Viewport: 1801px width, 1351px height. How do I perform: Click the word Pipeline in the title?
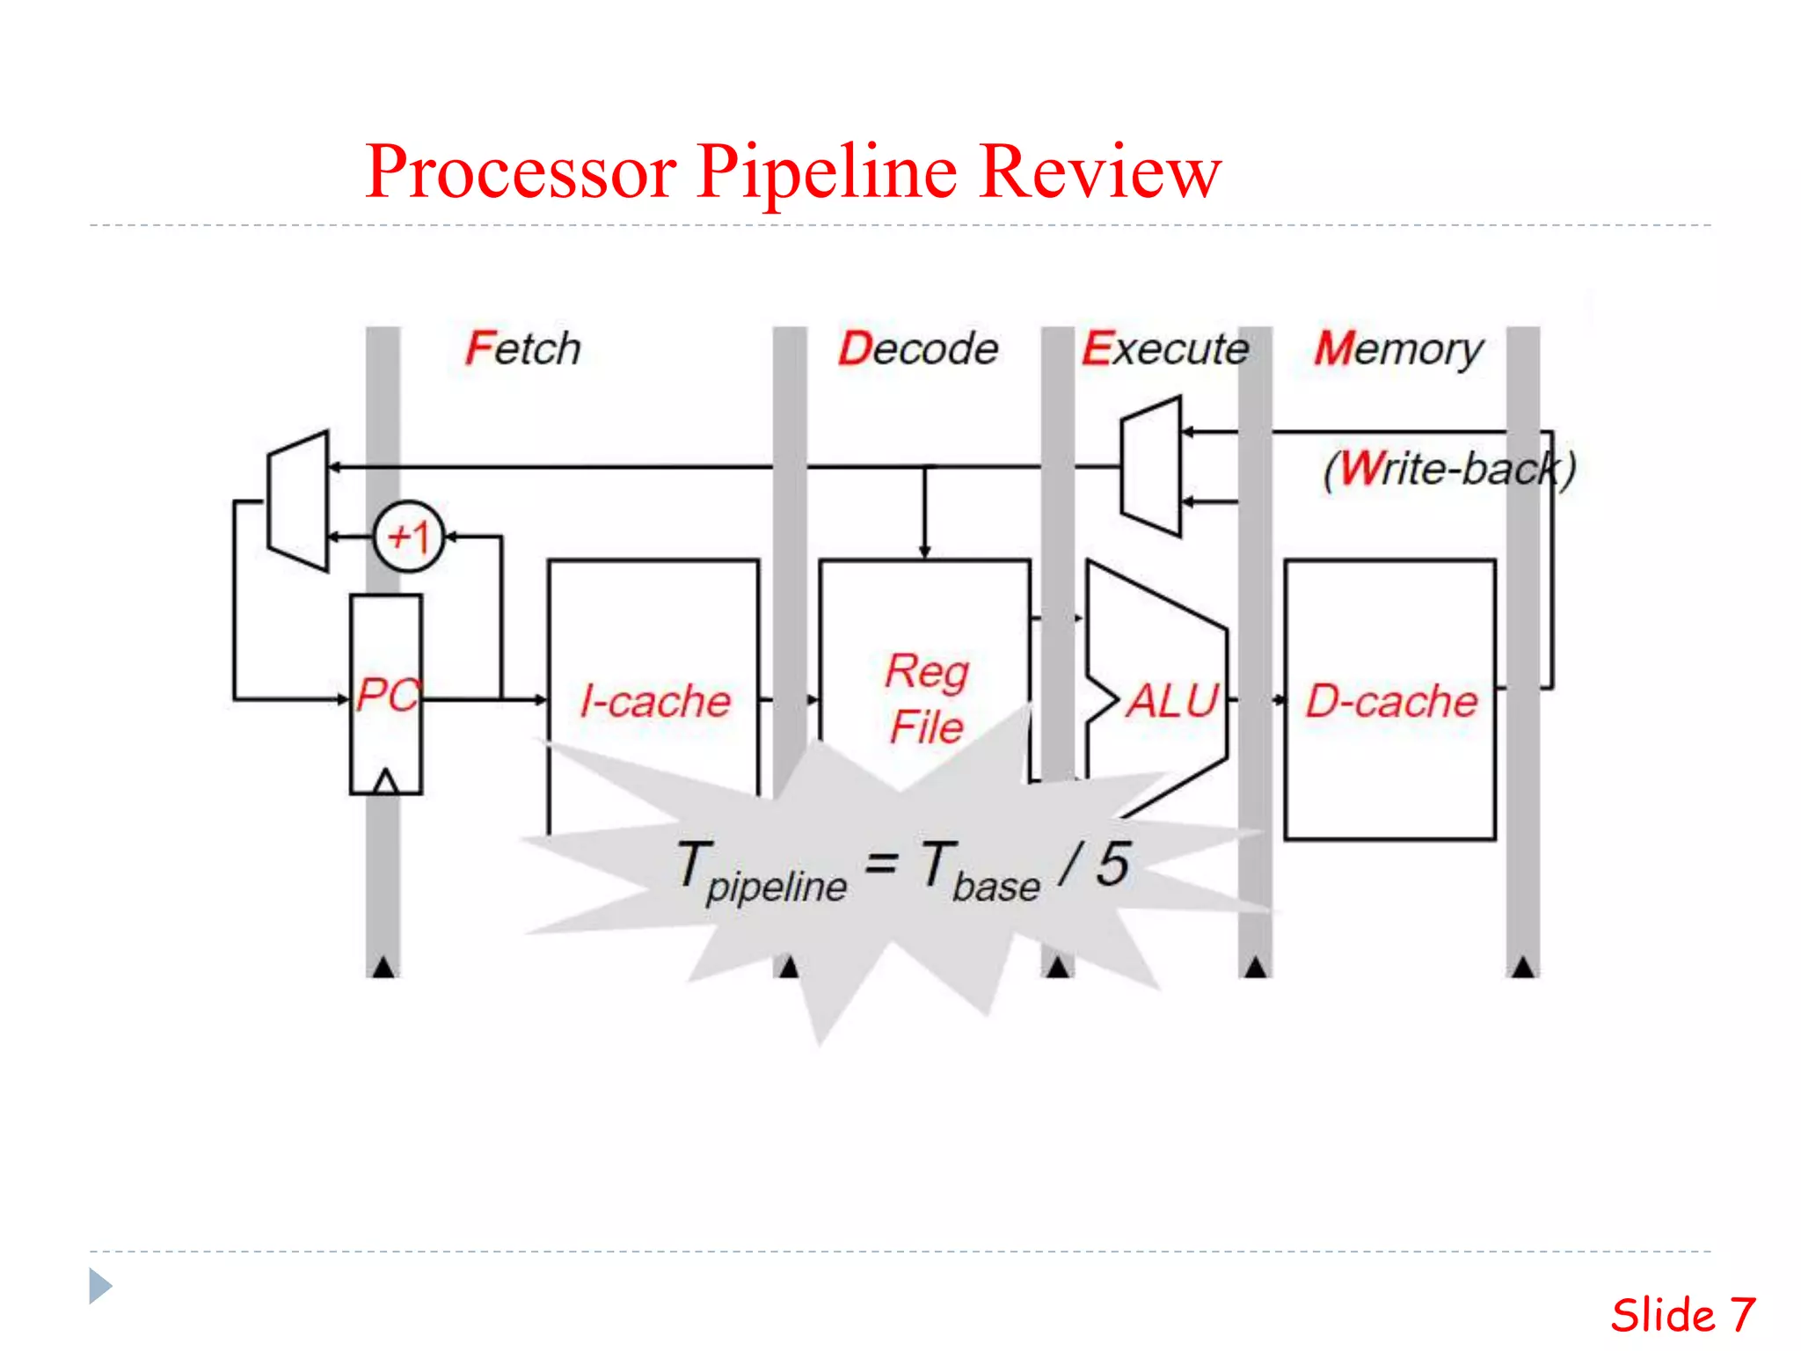tap(827, 172)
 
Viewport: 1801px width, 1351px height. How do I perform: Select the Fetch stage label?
tap(523, 348)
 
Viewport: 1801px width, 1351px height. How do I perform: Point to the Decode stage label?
tap(918, 348)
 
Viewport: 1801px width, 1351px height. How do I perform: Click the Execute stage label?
tap(1164, 348)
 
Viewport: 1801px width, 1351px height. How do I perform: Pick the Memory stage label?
tap(1398, 350)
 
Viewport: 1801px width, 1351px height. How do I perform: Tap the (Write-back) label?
tap(1449, 468)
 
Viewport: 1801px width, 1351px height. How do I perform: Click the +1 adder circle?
tap(409, 537)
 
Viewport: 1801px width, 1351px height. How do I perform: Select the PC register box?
tap(386, 694)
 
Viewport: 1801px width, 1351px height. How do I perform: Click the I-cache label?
tap(656, 701)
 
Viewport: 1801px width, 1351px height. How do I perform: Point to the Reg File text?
tap(926, 698)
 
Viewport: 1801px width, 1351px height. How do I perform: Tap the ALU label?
tap(1173, 701)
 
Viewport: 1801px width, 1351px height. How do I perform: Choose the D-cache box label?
tap(1390, 701)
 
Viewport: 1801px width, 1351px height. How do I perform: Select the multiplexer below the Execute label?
tap(1151, 466)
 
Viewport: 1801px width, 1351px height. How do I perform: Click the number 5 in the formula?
tap(1113, 864)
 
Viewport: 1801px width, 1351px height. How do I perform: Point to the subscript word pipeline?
tap(777, 887)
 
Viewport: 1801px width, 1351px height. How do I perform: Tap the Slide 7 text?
tap(1682, 1315)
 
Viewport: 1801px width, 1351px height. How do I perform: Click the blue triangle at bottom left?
tap(99, 1286)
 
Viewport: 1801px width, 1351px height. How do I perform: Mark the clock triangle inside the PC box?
tap(385, 782)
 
